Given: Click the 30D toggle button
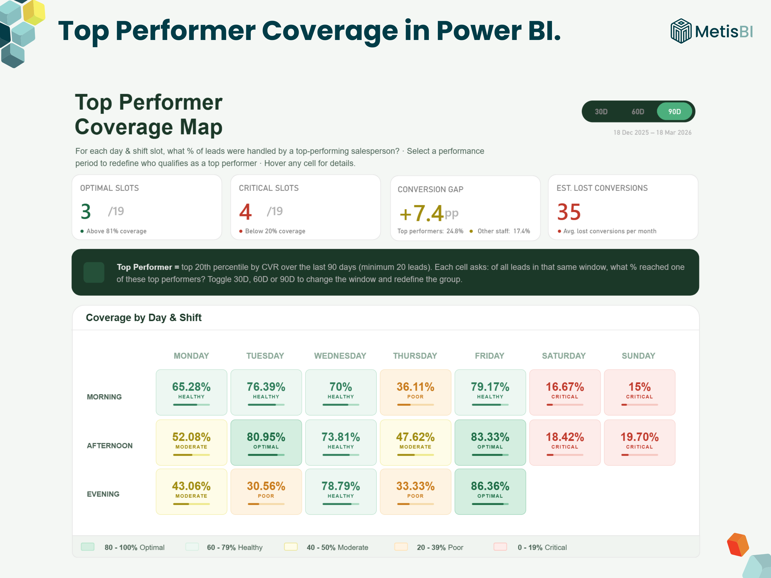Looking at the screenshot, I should (x=601, y=112).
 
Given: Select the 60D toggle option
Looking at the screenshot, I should (x=638, y=112).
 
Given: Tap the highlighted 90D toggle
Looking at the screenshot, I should (x=674, y=112).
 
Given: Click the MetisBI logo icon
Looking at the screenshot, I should (x=680, y=31).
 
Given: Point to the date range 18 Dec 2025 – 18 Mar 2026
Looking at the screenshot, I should (x=652, y=132).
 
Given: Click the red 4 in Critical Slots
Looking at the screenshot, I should (x=245, y=211).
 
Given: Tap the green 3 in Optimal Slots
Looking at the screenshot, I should (x=86, y=211).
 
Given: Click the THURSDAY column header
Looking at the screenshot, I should (x=415, y=356).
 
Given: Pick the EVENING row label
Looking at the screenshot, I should (x=103, y=494).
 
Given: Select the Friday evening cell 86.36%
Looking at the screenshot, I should (x=490, y=492).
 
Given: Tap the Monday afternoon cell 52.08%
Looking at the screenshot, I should (x=191, y=442).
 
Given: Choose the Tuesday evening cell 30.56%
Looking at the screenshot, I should (x=266, y=492).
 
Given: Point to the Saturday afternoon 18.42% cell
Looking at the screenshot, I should (x=565, y=442).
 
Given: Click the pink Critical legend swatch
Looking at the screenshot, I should (x=500, y=547).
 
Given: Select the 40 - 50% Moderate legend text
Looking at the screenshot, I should (x=337, y=547).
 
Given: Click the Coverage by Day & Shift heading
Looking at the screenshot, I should (x=144, y=317).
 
